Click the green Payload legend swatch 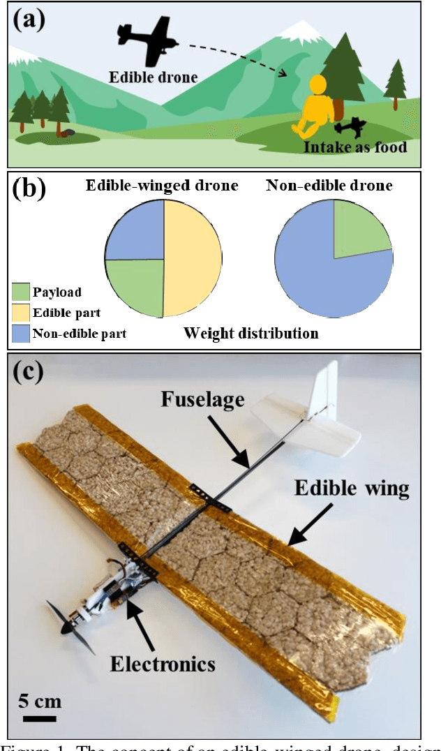click(22, 292)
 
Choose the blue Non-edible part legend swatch click(22, 334)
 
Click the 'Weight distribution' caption click(251, 333)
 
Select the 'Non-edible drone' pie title click(329, 185)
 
